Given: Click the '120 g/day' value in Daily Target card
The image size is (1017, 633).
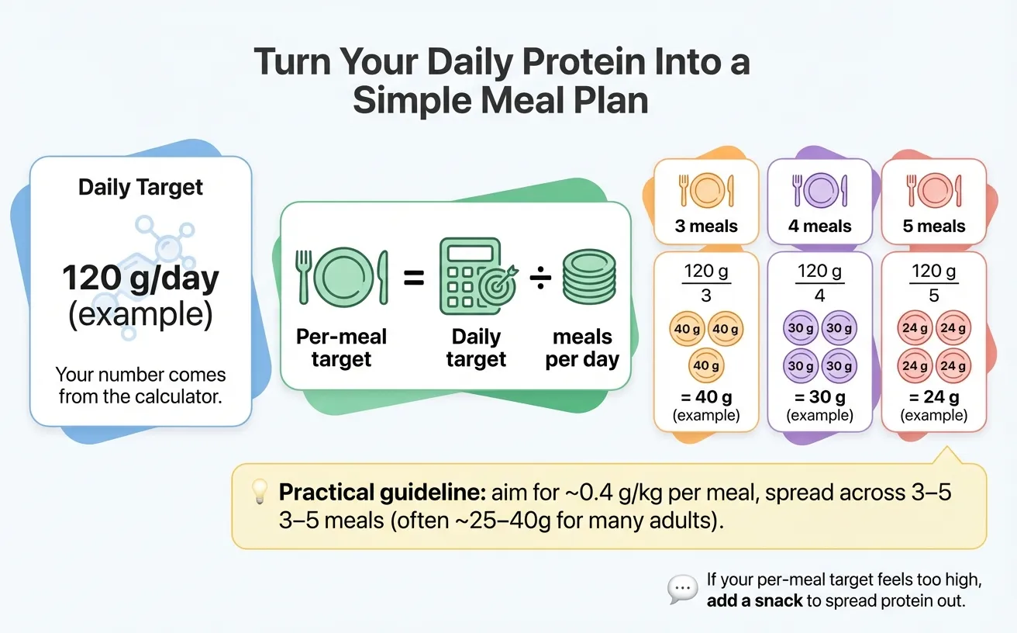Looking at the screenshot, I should [x=140, y=278].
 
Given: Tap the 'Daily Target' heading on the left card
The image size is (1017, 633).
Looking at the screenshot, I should [x=140, y=187].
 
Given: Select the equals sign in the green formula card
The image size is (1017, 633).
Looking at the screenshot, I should [x=414, y=278].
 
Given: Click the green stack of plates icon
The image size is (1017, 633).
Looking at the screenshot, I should [x=588, y=277].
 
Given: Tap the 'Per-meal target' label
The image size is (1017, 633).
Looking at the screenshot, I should [x=341, y=348].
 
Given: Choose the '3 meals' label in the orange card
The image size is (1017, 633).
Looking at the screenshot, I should [x=705, y=227].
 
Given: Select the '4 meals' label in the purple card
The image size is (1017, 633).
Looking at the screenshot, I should [x=819, y=227].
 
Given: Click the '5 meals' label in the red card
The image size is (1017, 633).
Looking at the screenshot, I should [x=933, y=227].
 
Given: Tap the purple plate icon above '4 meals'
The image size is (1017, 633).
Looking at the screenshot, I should [x=819, y=190].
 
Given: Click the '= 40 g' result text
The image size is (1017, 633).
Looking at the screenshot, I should [x=705, y=397].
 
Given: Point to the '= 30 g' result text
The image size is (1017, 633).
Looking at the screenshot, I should [x=819, y=397].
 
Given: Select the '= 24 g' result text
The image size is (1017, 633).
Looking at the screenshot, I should [x=933, y=397].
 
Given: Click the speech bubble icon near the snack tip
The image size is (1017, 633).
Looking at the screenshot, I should [x=682, y=590].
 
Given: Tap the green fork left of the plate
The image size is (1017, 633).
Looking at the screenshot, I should [x=303, y=277].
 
